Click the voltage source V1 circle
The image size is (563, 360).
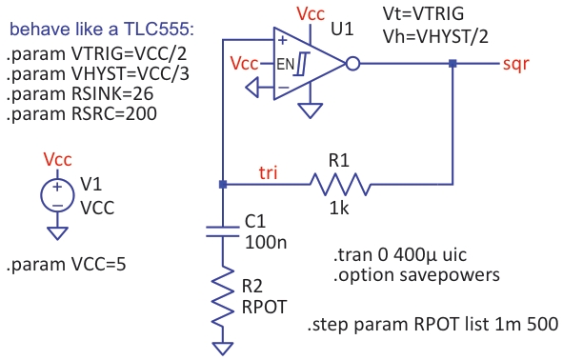tap(57, 196)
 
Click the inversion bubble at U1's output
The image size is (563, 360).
tap(352, 65)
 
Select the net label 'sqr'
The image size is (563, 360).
tap(516, 64)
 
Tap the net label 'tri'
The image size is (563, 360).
tap(271, 171)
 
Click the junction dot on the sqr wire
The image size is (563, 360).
tap(452, 65)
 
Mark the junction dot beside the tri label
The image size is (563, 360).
tap(222, 184)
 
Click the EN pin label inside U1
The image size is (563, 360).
tap(284, 64)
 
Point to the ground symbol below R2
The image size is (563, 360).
tap(222, 347)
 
